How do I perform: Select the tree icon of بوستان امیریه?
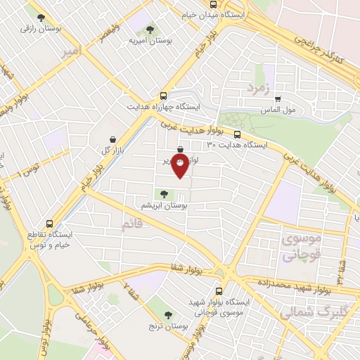pyautogui.click(x=150, y=30)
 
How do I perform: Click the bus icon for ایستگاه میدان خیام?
pyautogui.click(x=213, y=4)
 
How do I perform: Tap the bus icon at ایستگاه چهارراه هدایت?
pyautogui.click(x=164, y=96)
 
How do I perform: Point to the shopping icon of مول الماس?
pyautogui.click(x=278, y=99)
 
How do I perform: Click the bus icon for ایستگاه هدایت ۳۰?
pyautogui.click(x=236, y=134)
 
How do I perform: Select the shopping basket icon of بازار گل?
pyautogui.click(x=114, y=139)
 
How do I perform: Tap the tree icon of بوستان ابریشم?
pyautogui.click(x=164, y=194)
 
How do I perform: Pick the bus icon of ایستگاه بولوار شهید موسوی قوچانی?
pyautogui.click(x=219, y=290)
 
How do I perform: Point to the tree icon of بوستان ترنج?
pyautogui.click(x=167, y=316)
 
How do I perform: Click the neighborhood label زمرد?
pyautogui.click(x=258, y=87)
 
